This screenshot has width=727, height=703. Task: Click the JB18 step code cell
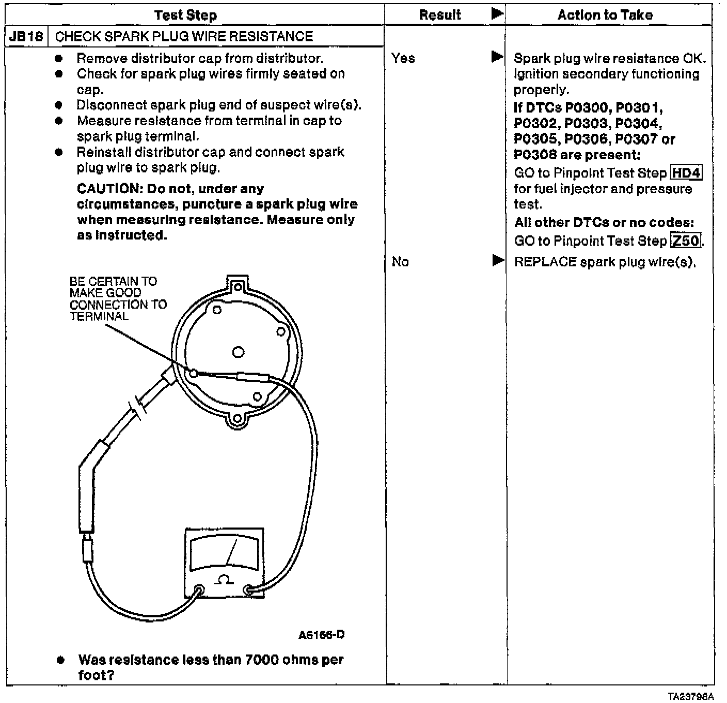tap(26, 37)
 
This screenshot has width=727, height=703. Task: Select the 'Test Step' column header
tap(185, 15)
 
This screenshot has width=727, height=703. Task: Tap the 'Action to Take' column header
tap(605, 15)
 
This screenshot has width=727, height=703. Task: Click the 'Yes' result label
tap(403, 58)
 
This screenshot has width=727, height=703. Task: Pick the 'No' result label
tap(400, 262)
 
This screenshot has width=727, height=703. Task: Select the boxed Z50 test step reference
tap(686, 241)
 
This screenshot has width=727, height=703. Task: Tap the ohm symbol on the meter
tap(224, 580)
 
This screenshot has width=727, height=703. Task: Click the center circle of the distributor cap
tap(238, 352)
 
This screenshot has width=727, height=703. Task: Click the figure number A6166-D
tap(321, 634)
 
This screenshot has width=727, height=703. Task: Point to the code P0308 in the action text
tap(537, 155)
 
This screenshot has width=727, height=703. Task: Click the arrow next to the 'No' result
tap(498, 261)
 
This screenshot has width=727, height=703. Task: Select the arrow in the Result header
tap(497, 14)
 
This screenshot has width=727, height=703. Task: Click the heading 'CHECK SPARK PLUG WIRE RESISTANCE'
tap(184, 37)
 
